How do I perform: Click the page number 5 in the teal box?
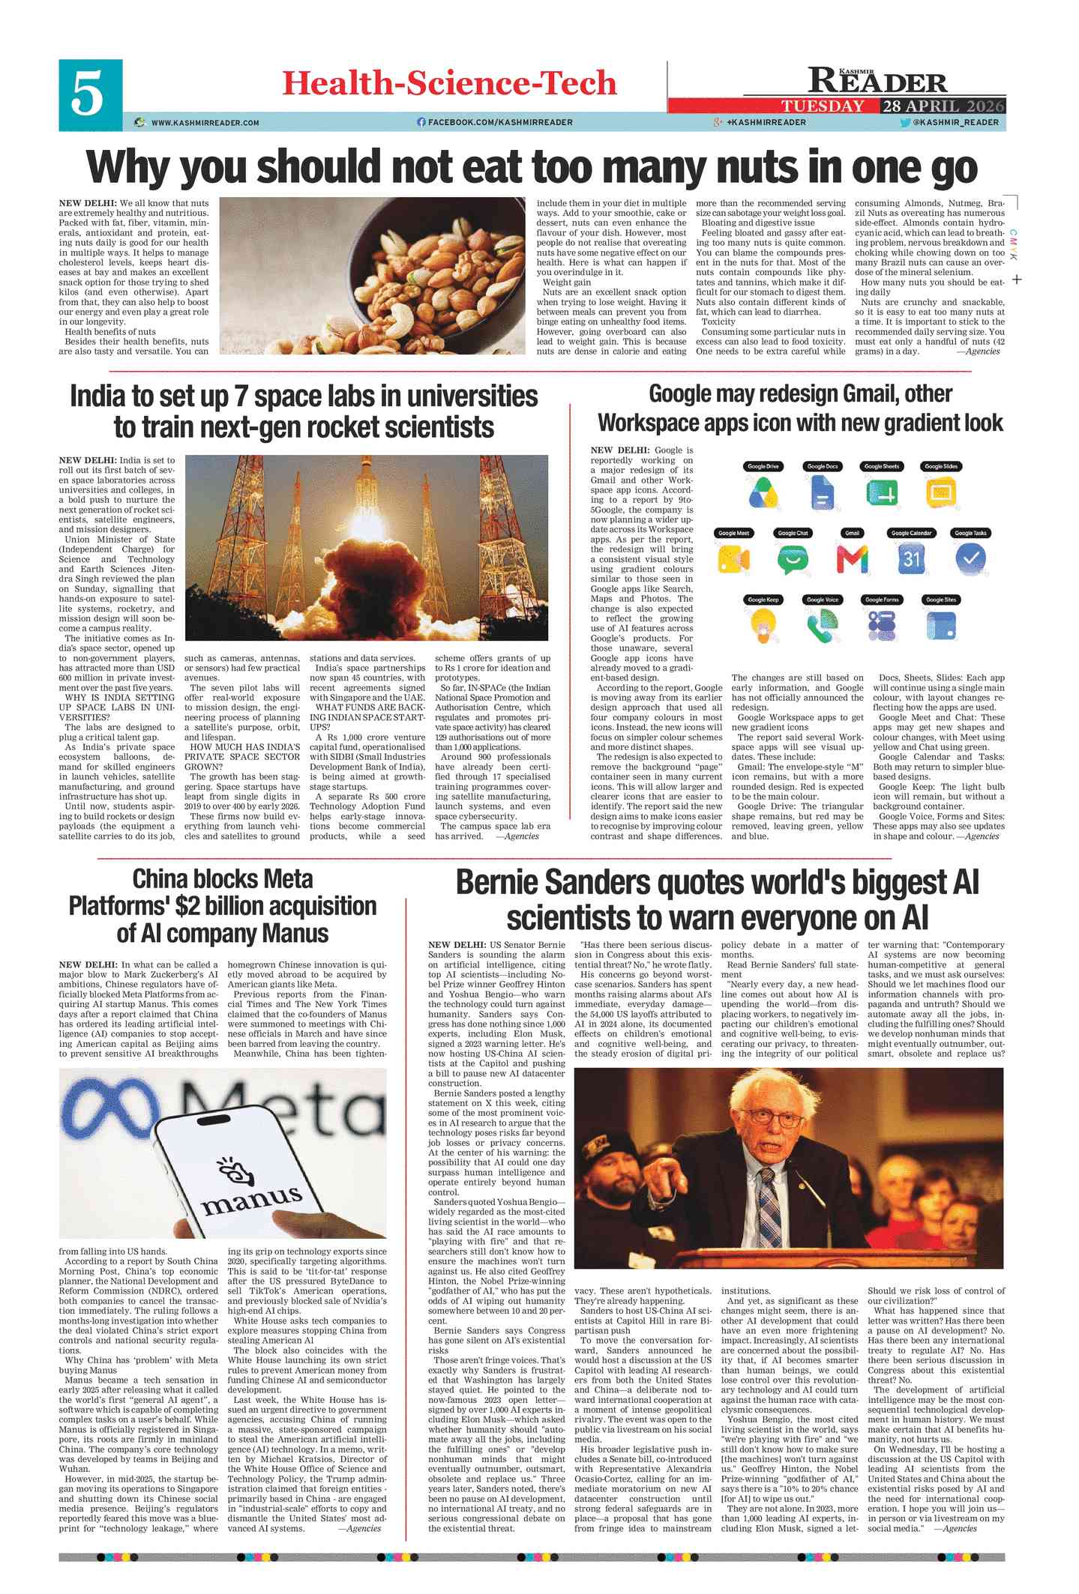click(x=88, y=95)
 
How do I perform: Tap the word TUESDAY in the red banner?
click(x=823, y=106)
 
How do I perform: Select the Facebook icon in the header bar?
click(x=421, y=122)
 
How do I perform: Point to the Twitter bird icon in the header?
click(x=905, y=122)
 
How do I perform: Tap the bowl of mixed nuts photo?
click(x=373, y=275)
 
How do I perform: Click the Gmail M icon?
click(x=852, y=559)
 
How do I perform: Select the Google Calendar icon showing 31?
click(x=911, y=559)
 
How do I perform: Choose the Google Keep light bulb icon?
click(x=763, y=624)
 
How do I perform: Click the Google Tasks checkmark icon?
click(x=971, y=558)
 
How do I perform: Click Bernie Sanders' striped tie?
click(x=770, y=1213)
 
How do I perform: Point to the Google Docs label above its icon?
click(x=822, y=466)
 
